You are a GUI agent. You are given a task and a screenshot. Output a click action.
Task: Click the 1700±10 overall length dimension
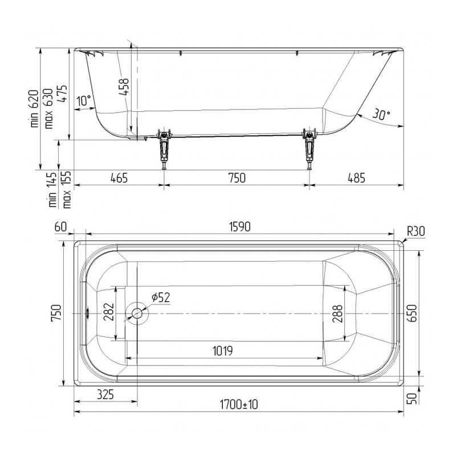click(x=239, y=405)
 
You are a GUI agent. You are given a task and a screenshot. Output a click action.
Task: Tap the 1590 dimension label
click(x=240, y=227)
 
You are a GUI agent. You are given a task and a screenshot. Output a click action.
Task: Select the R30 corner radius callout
click(x=416, y=231)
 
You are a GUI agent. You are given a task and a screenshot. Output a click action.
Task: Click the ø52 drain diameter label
click(x=161, y=297)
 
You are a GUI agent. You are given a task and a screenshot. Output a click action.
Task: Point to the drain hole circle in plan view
click(x=137, y=313)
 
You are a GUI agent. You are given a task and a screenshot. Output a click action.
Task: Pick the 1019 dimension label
click(x=223, y=351)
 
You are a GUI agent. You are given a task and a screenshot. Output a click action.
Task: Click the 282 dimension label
click(x=108, y=312)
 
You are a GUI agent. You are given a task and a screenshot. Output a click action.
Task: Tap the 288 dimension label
click(x=337, y=314)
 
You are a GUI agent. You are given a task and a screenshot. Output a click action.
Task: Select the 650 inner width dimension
click(x=412, y=313)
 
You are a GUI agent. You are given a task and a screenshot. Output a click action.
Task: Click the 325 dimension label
click(x=105, y=394)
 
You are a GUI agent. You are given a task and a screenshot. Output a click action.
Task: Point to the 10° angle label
click(x=83, y=100)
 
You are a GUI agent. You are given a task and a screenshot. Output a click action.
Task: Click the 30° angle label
click(x=381, y=115)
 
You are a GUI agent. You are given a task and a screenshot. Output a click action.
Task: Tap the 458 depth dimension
click(x=124, y=87)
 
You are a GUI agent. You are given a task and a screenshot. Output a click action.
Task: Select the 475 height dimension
click(x=62, y=93)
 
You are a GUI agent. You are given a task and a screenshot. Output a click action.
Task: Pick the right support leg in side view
click(x=310, y=148)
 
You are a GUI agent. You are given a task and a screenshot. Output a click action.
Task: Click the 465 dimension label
click(x=119, y=178)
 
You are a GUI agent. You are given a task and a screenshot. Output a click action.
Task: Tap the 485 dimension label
click(x=356, y=178)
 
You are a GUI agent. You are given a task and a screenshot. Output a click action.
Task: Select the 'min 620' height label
click(x=34, y=109)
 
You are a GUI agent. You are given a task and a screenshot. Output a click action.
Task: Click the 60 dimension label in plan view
click(x=60, y=227)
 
